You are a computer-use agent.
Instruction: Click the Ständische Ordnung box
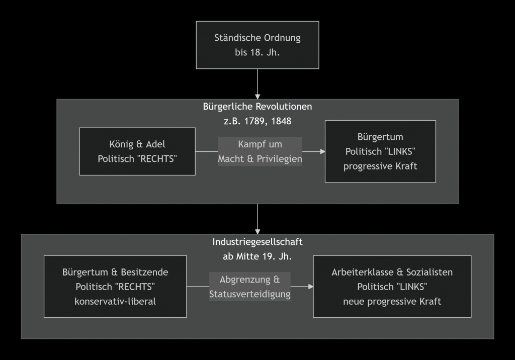[257, 45]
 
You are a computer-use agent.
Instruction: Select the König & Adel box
[137, 151]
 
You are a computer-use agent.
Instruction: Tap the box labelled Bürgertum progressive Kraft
[380, 151]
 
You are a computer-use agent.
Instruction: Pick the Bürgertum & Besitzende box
[115, 287]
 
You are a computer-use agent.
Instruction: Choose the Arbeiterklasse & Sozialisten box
[392, 287]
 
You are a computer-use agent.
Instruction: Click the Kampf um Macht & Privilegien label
[260, 151]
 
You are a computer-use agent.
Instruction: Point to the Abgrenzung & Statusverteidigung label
[250, 287]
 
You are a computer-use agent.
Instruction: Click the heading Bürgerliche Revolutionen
[257, 107]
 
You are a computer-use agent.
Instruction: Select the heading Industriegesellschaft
[257, 242]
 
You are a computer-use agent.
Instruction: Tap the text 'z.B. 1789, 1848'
[257, 121]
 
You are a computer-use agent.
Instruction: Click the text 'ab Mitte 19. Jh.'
[257, 256]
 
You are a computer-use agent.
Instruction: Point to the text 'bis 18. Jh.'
[257, 52]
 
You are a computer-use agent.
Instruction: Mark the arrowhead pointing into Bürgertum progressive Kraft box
[322, 151]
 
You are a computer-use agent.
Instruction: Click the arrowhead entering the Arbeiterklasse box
[310, 287]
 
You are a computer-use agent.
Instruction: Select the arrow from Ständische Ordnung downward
[257, 83]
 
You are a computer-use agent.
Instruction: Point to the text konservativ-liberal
[115, 302]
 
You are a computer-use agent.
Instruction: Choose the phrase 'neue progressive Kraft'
[392, 302]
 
